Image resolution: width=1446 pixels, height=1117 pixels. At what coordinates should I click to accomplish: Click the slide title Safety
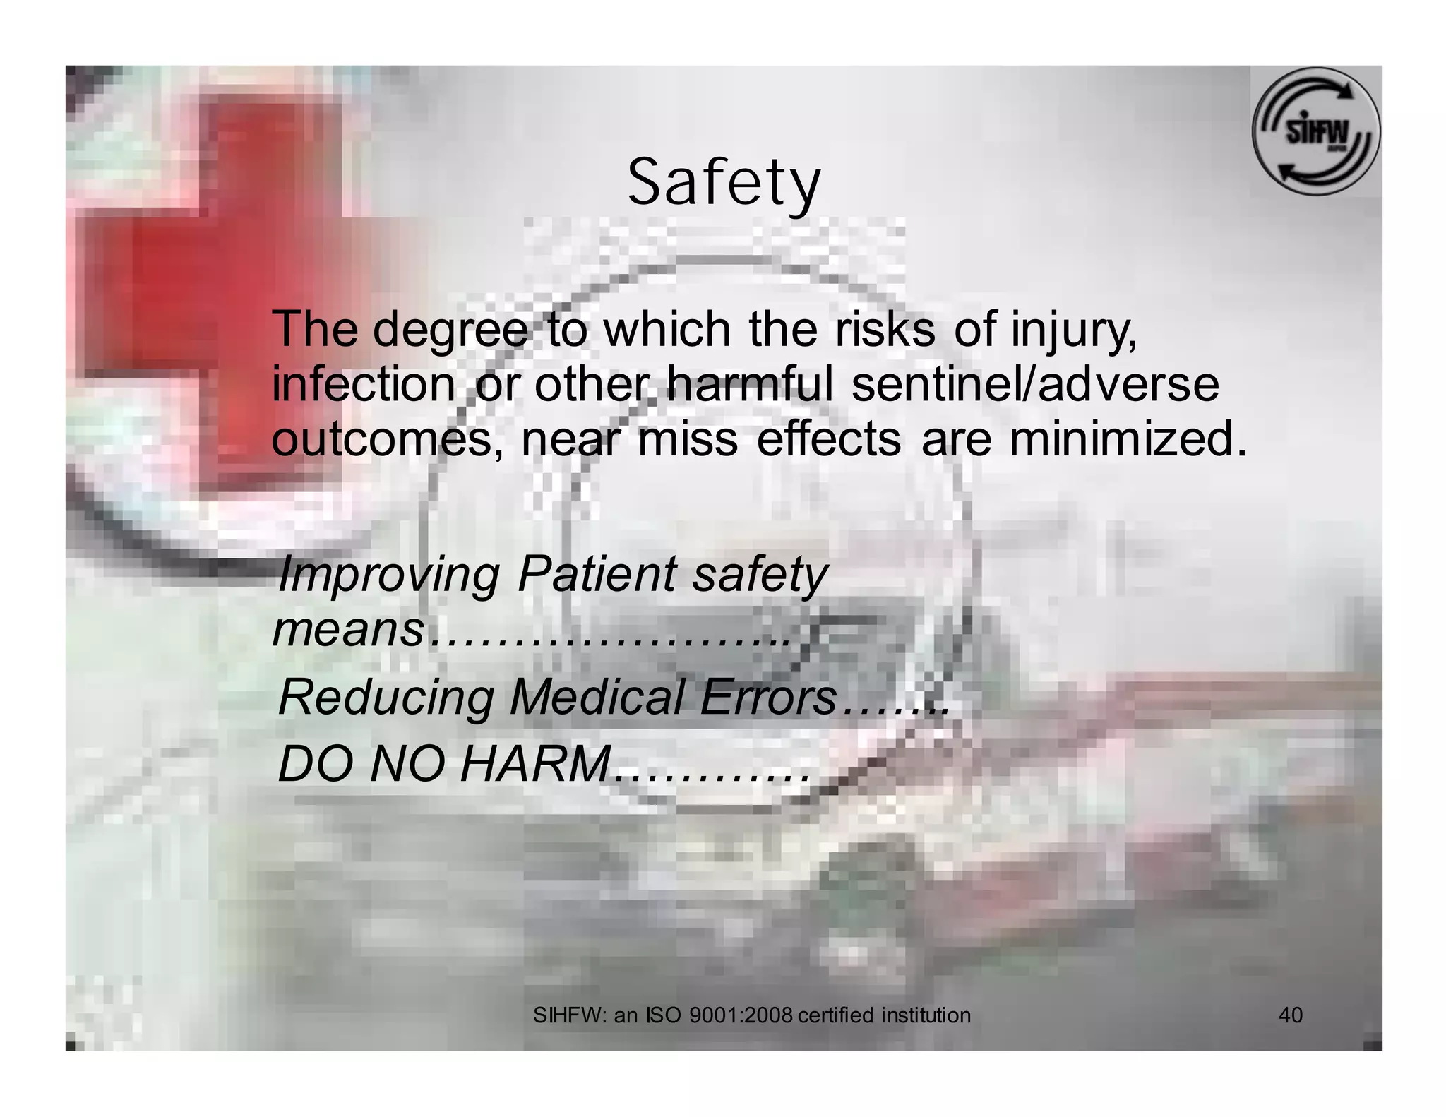(x=724, y=184)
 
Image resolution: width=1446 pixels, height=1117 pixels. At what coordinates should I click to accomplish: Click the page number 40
(x=1291, y=1015)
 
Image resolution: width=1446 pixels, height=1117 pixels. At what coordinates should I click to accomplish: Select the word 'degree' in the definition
(x=450, y=330)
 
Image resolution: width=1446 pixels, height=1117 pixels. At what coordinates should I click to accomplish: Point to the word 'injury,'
(x=1074, y=330)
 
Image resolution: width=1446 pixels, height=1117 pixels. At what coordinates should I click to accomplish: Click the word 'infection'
(x=363, y=386)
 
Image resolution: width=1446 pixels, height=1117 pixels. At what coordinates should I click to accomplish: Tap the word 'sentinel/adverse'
(x=1035, y=386)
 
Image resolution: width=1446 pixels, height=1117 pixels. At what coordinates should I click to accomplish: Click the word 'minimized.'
(x=1128, y=439)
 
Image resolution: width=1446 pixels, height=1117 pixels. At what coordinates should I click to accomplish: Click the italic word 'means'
(x=348, y=629)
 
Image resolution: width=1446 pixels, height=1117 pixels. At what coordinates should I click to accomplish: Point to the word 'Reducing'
(x=386, y=698)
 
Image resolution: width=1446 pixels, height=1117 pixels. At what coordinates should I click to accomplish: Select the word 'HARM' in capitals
(x=534, y=765)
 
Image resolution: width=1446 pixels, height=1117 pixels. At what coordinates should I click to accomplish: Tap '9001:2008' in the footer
(x=741, y=1015)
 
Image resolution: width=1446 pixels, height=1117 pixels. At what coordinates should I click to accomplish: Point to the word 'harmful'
(x=751, y=386)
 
